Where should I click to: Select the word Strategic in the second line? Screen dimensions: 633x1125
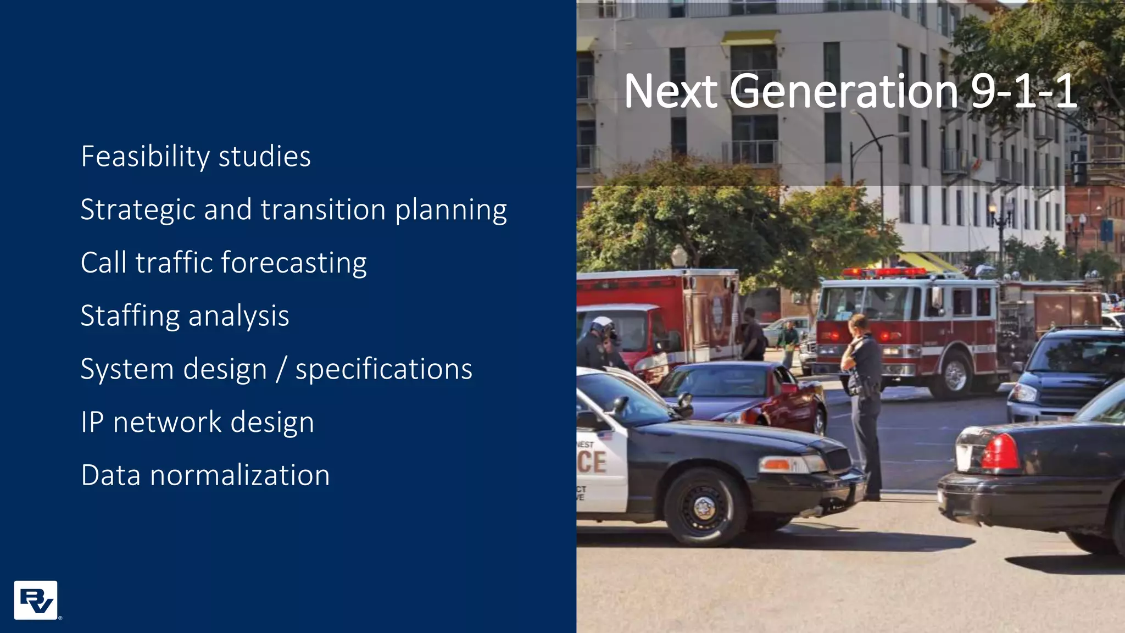click(x=137, y=210)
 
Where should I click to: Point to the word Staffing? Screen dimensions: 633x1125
click(x=130, y=316)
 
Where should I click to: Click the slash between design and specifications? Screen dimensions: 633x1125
click(x=281, y=369)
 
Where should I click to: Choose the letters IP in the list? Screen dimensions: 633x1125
click(x=92, y=422)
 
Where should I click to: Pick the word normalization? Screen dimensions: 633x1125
click(x=240, y=475)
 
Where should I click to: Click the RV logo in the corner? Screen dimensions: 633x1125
click(x=36, y=600)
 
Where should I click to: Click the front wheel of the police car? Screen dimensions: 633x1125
click(x=705, y=507)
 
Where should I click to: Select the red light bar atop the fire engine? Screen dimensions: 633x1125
click(x=884, y=272)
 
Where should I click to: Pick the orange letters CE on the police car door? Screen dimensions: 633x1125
click(x=592, y=462)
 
